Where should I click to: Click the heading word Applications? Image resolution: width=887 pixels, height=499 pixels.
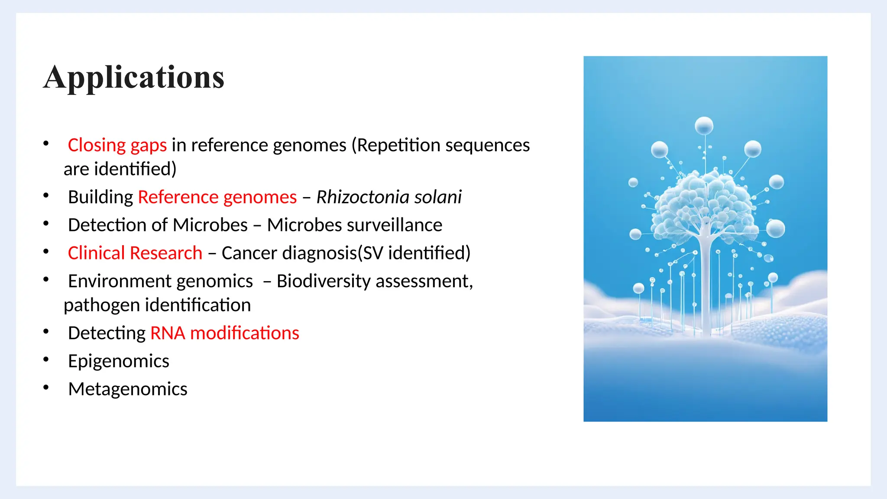coord(134,78)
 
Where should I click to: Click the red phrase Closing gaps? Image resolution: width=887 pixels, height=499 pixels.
coord(117,145)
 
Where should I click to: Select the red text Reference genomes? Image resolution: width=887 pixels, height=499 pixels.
coord(217,197)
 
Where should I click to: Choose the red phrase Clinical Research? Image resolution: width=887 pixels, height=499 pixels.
coord(135,253)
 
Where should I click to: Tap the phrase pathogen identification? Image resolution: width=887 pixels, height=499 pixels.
coord(157,305)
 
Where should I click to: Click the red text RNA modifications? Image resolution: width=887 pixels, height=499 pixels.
coord(224,333)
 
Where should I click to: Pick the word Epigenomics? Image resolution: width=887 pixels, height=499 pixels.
coord(118,361)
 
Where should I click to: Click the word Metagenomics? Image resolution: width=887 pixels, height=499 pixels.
coord(127,389)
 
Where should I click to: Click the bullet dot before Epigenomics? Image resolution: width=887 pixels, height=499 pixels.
coord(46,359)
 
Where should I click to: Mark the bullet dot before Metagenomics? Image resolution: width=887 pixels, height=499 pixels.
coord(46,387)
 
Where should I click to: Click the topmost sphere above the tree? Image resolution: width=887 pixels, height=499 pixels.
coord(704,126)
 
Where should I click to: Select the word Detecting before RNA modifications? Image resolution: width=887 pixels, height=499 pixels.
coord(107,333)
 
